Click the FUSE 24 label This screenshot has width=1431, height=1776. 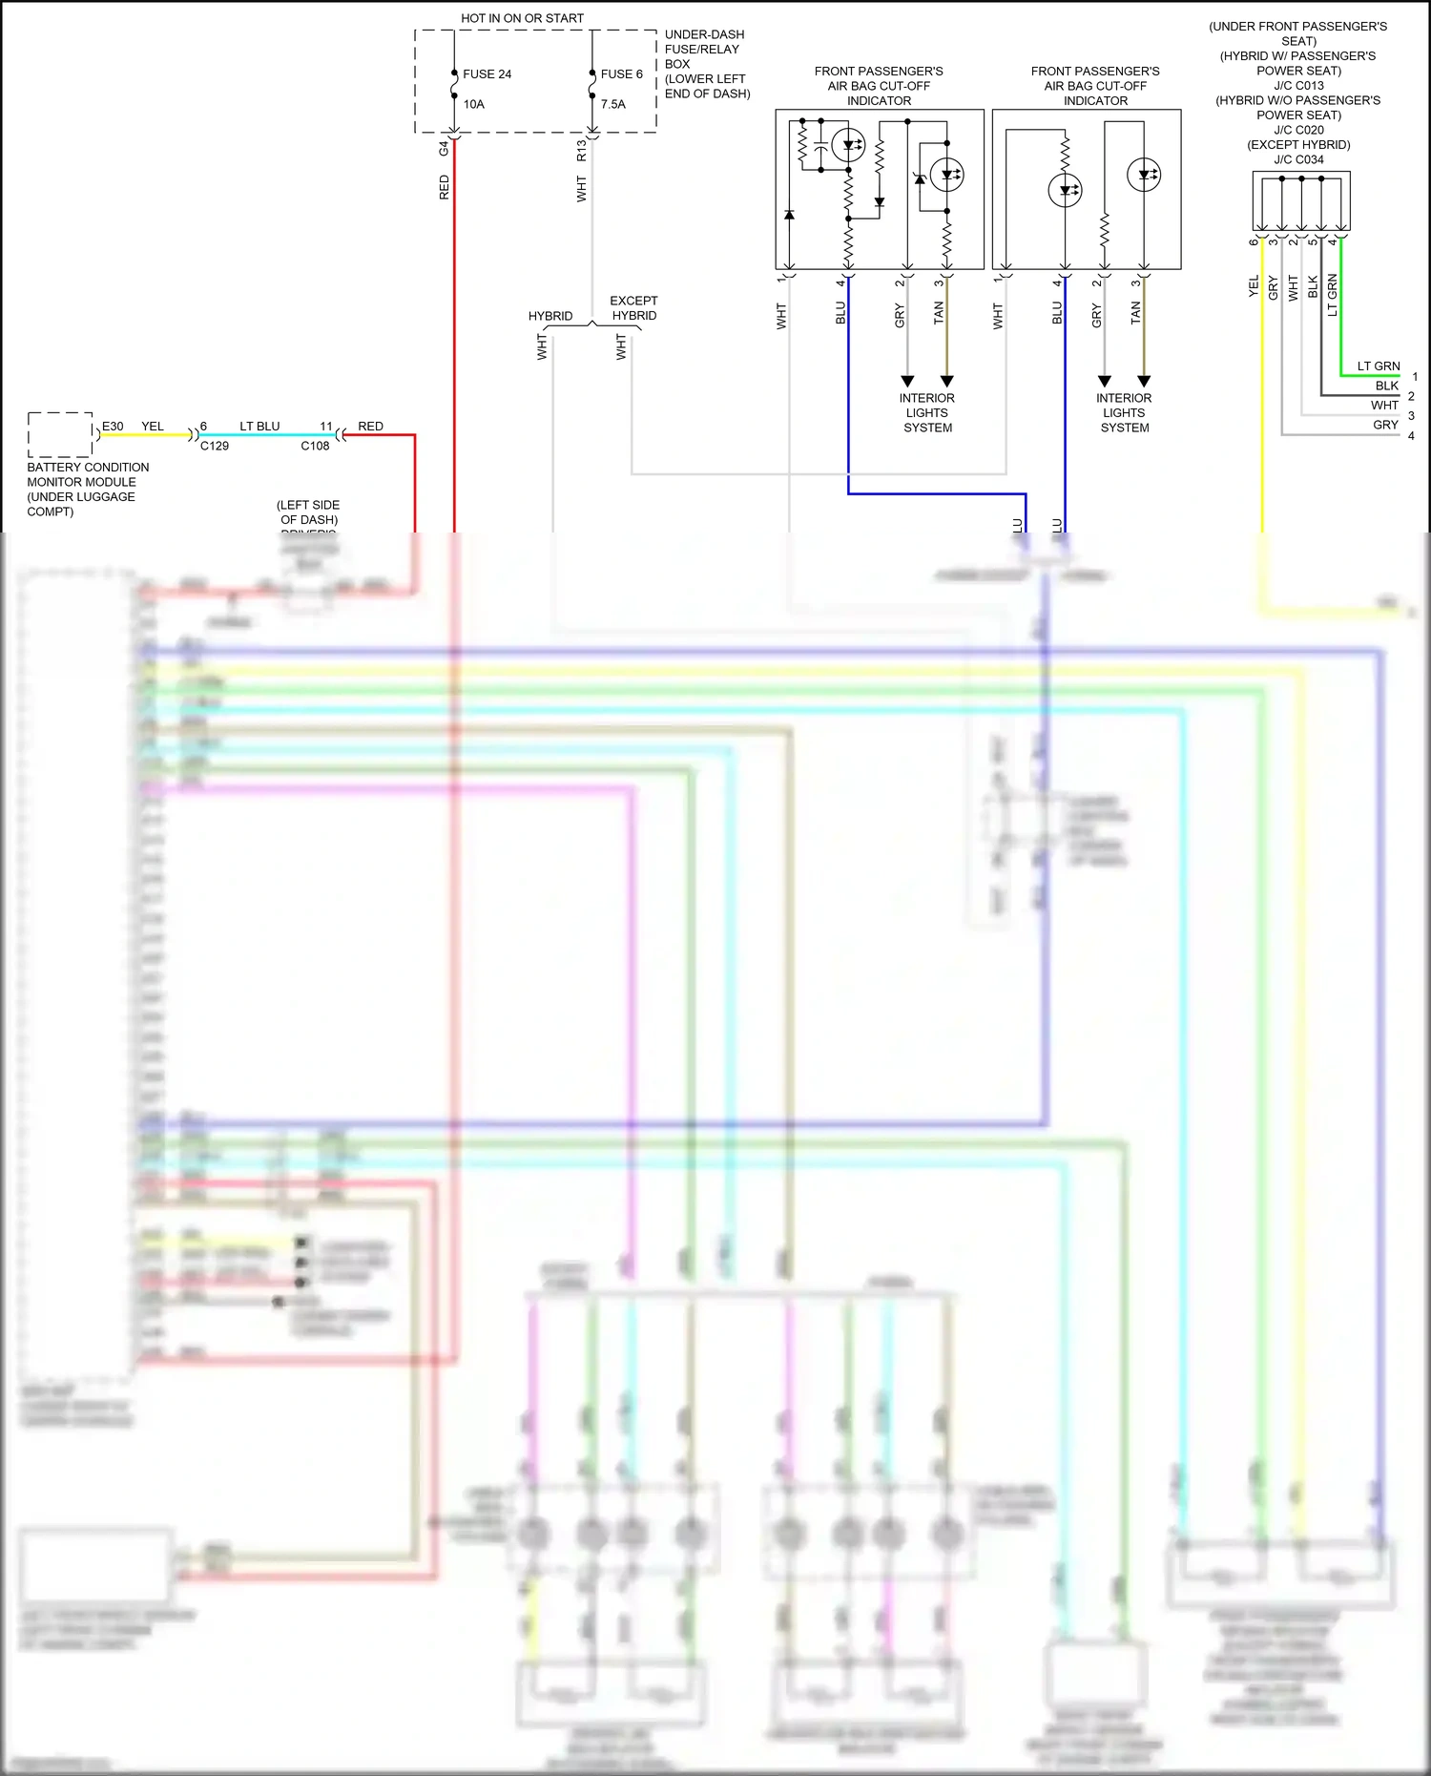pyautogui.click(x=487, y=74)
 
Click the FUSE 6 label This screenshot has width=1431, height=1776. pyautogui.click(x=621, y=74)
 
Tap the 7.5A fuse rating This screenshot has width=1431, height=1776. pyautogui.click(x=612, y=104)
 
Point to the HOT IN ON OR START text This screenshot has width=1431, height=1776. pyautogui.click(x=522, y=18)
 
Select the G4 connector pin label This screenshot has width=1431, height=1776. pyautogui.click(x=444, y=148)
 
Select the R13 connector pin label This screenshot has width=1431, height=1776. pyautogui.click(x=581, y=150)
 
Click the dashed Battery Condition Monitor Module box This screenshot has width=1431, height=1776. pyautogui.click(x=60, y=434)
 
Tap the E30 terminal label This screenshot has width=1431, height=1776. pyautogui.click(x=113, y=427)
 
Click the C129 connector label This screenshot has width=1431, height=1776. pyautogui.click(x=215, y=446)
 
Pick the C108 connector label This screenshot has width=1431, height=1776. pyautogui.click(x=315, y=446)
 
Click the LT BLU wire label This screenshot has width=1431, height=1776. pyautogui.click(x=259, y=427)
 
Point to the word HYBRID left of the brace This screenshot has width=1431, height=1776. pyautogui.click(x=550, y=316)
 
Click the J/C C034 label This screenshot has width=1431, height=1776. pyautogui.click(x=1298, y=159)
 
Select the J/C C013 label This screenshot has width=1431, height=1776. pyautogui.click(x=1298, y=85)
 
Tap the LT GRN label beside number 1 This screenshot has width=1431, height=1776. pyautogui.click(x=1378, y=366)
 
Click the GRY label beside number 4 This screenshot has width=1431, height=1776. pyautogui.click(x=1385, y=425)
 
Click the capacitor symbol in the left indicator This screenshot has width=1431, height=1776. pyautogui.click(x=820, y=151)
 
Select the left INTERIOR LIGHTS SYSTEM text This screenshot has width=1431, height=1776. pyautogui.click(x=927, y=413)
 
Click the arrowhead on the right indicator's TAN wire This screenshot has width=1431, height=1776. pyautogui.click(x=1144, y=381)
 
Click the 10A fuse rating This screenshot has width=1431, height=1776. pyautogui.click(x=474, y=104)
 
